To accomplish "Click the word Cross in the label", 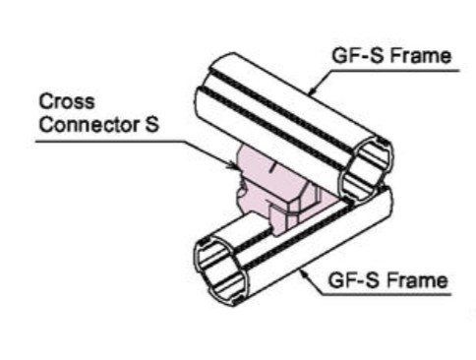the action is (x=67, y=101).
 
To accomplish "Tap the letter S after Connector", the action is (x=151, y=125).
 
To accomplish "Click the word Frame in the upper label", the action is (x=421, y=55).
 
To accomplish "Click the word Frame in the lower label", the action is (x=417, y=280).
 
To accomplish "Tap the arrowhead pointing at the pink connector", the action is (x=231, y=165).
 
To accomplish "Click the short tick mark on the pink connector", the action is (x=271, y=168).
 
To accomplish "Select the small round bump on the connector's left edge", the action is (x=241, y=191).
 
